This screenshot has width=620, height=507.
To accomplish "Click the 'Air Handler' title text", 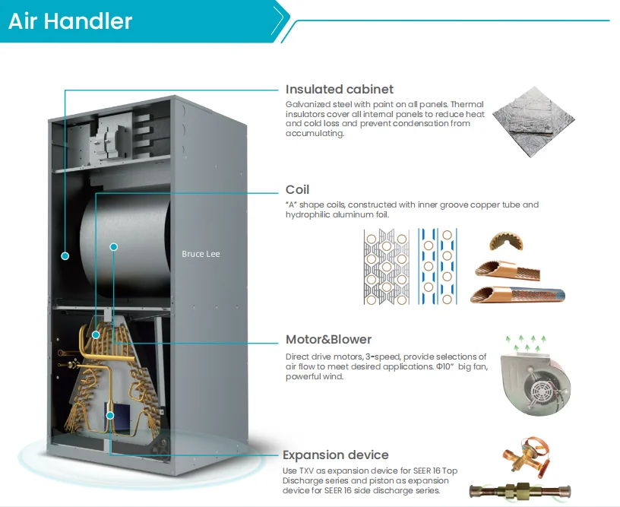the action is (70, 21).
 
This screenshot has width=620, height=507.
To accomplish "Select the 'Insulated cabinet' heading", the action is (340, 89).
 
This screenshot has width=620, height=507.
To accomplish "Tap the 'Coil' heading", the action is (297, 189).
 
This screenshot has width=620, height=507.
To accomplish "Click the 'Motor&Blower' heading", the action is (328, 339).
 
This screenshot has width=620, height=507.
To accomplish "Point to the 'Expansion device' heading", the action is (335, 455).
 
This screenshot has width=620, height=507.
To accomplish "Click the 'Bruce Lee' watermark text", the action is (201, 254).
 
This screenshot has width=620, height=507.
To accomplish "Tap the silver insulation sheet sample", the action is (534, 122).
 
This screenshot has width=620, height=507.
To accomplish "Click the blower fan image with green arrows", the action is (535, 375).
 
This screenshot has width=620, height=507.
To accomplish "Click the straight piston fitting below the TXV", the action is (520, 491).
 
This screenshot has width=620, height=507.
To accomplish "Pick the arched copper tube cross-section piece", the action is (507, 241).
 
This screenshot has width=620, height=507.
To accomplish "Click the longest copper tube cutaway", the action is (517, 295).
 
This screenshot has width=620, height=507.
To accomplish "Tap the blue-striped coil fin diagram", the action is (438, 266).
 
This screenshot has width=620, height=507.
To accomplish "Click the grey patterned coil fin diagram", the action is (386, 267).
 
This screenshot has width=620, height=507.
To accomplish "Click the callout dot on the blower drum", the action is (114, 247).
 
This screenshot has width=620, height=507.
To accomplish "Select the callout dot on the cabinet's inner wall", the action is (65, 256).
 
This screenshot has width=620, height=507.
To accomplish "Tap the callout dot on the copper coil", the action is (96, 335).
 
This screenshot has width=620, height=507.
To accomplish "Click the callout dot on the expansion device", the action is (110, 415).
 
